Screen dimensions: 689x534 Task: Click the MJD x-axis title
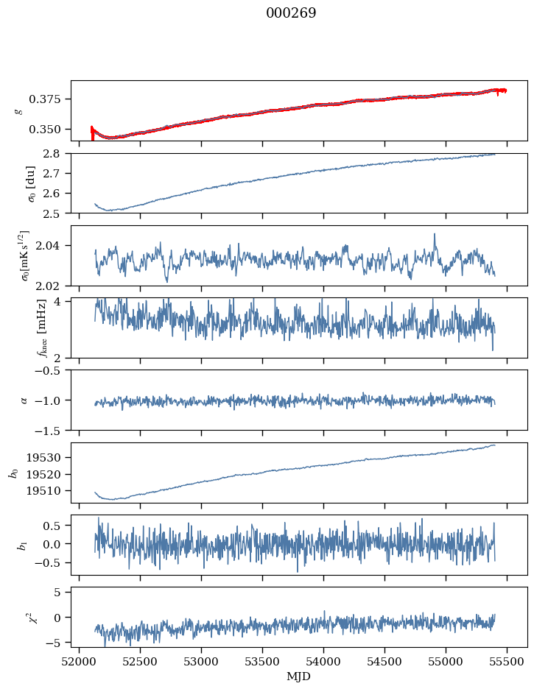299,676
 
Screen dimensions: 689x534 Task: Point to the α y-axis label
24,400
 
